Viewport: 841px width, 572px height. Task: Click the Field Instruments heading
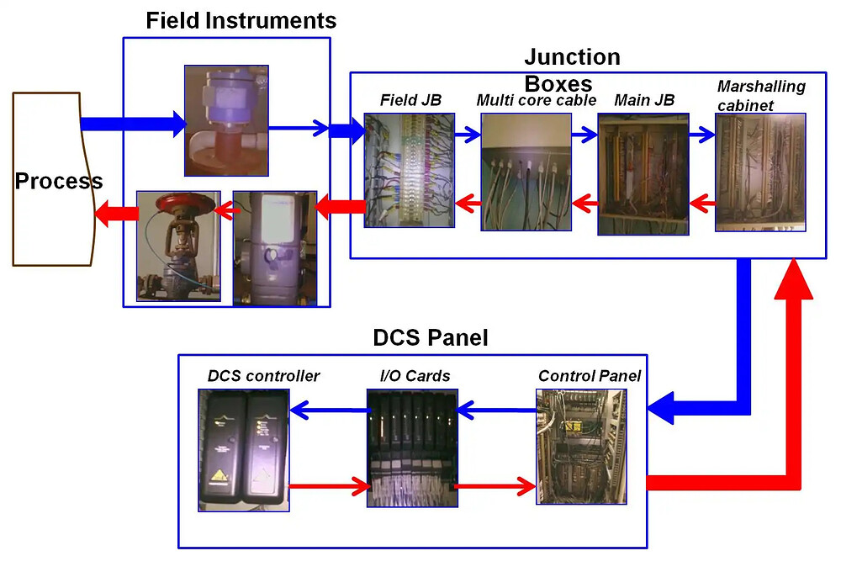[241, 20]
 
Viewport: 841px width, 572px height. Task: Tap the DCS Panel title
[430, 338]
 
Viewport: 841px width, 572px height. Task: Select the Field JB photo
[409, 171]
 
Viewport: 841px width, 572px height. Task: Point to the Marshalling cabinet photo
[760, 172]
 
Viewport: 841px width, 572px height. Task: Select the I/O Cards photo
[413, 448]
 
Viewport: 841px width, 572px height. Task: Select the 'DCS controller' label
[263, 376]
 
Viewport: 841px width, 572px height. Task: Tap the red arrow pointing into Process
[116, 214]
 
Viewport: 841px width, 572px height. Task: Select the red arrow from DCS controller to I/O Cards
[329, 485]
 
